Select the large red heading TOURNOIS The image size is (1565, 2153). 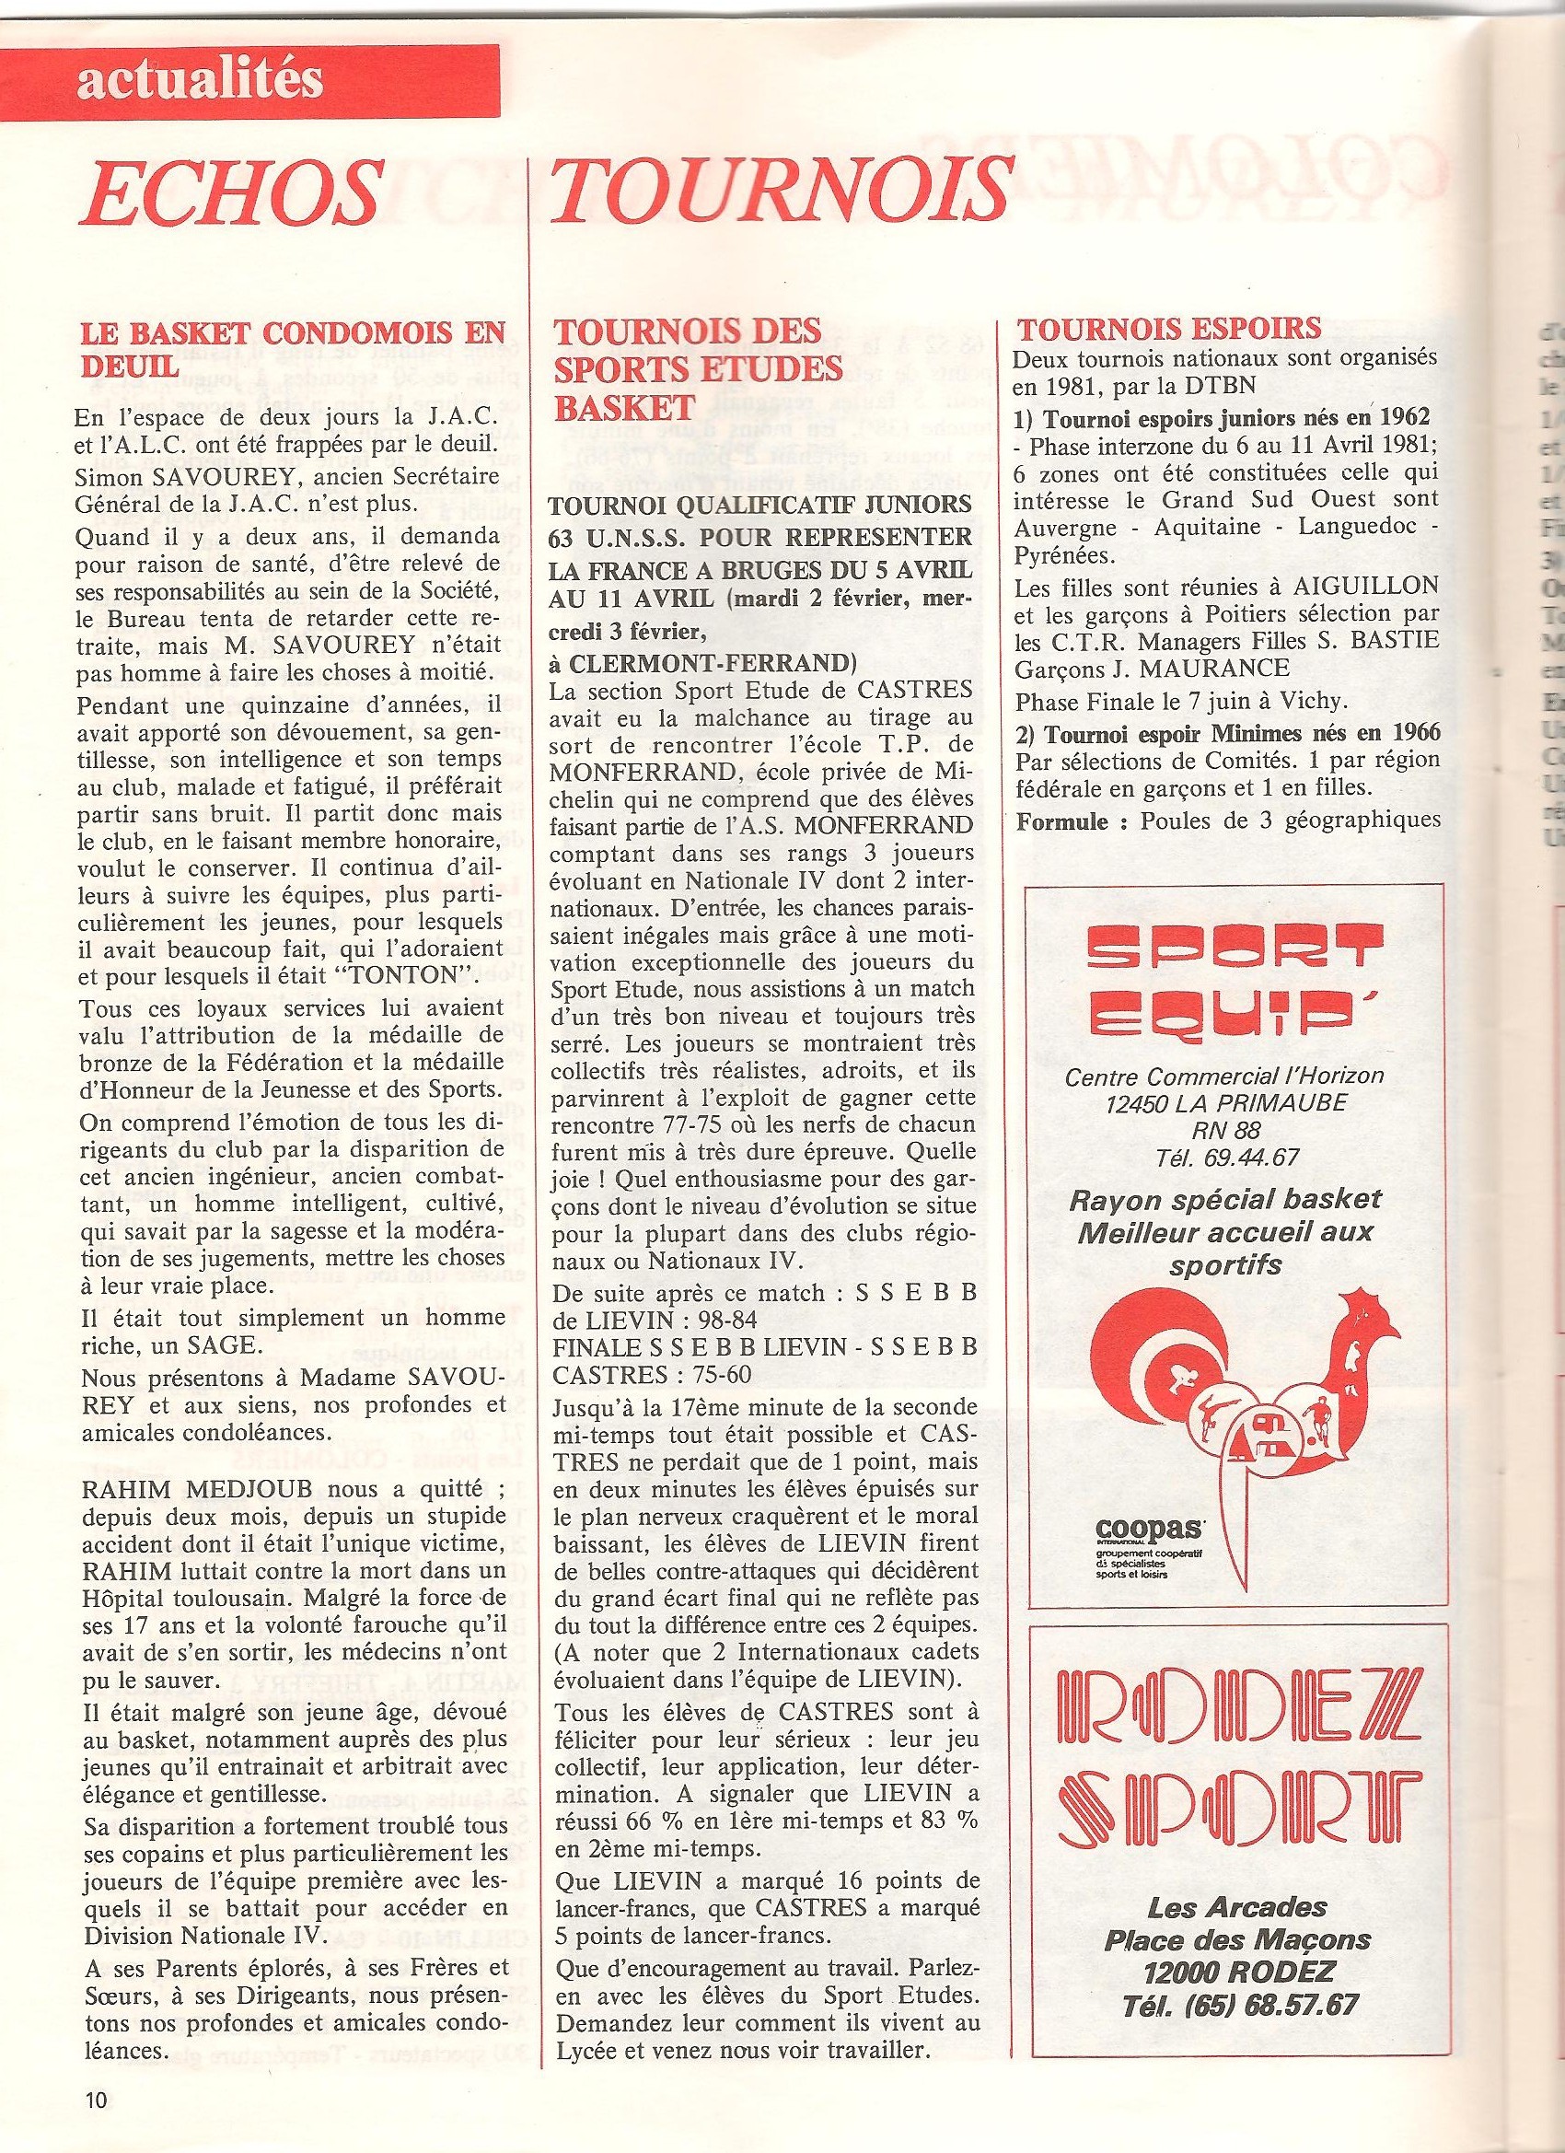tap(779, 191)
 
